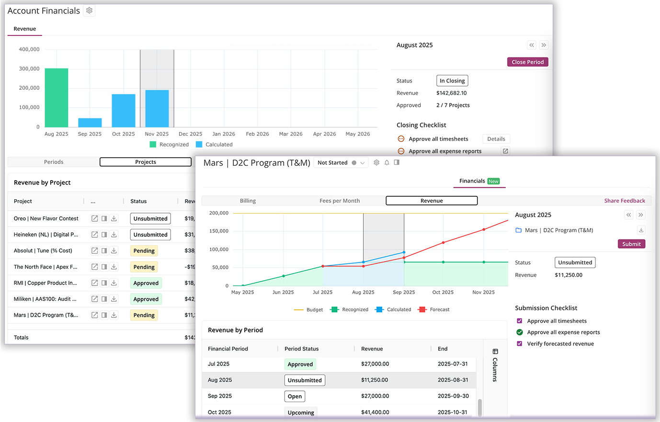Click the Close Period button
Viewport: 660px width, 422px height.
point(527,62)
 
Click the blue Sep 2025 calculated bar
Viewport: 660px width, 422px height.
point(90,123)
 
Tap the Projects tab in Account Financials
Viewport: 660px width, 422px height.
point(146,162)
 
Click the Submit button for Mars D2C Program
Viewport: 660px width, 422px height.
point(631,244)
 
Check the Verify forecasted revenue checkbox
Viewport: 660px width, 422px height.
point(520,343)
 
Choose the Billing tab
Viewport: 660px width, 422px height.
point(248,201)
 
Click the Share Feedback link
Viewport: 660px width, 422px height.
point(624,201)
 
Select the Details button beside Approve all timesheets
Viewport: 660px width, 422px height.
point(496,139)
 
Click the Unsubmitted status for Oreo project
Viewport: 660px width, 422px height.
point(150,218)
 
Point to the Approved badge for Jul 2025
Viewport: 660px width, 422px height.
point(300,364)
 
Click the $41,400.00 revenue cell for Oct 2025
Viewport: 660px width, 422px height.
point(375,412)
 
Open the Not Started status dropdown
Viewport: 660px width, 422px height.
point(341,163)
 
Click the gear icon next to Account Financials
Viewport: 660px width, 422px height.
point(89,11)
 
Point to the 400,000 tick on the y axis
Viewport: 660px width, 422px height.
point(29,49)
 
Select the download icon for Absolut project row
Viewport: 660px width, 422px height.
point(114,251)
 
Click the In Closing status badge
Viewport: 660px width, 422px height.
point(452,81)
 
